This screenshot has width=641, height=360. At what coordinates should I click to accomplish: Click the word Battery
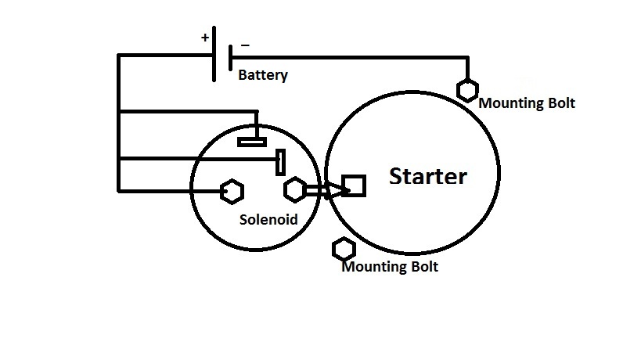tap(263, 76)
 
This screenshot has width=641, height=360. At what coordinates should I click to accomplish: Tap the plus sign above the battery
tap(205, 37)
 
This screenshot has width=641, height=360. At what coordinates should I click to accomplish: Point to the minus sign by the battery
tap(245, 45)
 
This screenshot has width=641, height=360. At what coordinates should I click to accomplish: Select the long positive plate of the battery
tap(214, 56)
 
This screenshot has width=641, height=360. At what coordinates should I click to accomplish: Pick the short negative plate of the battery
tap(230, 57)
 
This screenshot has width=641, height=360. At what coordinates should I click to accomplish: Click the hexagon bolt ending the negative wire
tap(468, 90)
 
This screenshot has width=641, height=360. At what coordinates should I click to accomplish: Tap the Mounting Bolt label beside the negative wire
tap(526, 103)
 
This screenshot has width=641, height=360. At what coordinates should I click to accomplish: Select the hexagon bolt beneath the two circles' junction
tap(344, 249)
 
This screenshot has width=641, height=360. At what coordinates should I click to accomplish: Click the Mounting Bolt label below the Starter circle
tap(390, 267)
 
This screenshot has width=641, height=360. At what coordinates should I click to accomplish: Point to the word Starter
tap(427, 176)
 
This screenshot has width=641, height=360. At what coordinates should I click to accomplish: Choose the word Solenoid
tap(268, 220)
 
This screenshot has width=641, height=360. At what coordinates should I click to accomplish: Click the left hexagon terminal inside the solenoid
tap(230, 190)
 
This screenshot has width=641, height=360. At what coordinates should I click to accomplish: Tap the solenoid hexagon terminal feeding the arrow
tap(295, 189)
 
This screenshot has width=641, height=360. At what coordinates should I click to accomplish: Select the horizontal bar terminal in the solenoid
tap(252, 142)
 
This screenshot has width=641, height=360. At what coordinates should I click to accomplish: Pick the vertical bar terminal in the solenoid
tap(279, 162)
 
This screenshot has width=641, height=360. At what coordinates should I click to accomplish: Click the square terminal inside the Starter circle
tap(354, 185)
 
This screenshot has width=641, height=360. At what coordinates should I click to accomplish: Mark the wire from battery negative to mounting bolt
tap(352, 56)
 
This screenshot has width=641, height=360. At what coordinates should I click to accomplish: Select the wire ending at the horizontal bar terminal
tap(188, 111)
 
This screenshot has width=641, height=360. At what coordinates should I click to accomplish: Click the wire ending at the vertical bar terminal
tap(196, 162)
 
